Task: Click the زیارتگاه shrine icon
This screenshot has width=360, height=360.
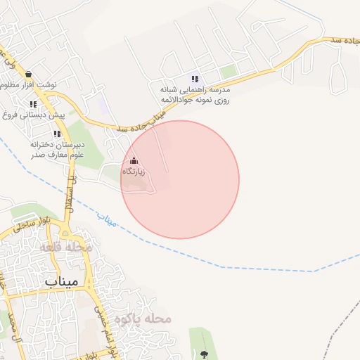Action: [x=134, y=160]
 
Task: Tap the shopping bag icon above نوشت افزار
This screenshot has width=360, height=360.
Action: [x=27, y=74]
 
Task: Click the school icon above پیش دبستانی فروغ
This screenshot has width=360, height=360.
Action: [x=33, y=103]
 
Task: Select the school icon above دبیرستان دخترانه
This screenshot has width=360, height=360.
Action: [x=57, y=134]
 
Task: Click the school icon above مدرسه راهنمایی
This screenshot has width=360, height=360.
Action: [x=195, y=79]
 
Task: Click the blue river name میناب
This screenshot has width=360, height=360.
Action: [x=107, y=219]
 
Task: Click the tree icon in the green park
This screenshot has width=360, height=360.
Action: [x=205, y=353]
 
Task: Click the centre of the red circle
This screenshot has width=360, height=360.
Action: [x=180, y=179]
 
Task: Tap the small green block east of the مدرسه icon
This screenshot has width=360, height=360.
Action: [x=228, y=72]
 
